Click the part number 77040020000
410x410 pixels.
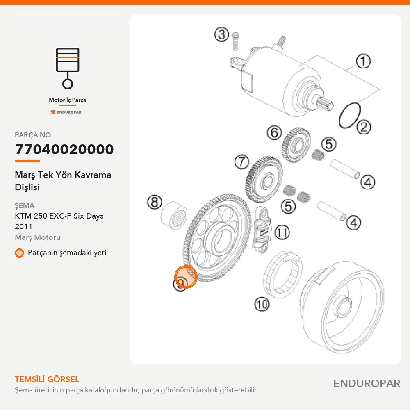64,149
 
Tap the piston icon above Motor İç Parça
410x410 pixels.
68,68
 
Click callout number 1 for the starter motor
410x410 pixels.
363,61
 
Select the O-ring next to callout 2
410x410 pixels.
350,115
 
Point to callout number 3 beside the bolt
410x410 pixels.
221,34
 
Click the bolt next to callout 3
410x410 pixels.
235,41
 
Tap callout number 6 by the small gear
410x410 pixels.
274,132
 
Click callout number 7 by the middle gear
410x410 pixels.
241,162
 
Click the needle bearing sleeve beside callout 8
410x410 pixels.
173,216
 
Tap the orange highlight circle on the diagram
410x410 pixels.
186,277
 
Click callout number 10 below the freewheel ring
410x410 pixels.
262,304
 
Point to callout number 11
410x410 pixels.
282,232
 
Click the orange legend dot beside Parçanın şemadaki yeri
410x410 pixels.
19,253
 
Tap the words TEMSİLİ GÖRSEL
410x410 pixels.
47,379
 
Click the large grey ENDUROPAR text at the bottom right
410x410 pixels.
367,384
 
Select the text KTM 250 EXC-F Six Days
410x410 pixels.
59,216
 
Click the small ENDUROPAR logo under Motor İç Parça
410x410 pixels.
66,112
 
